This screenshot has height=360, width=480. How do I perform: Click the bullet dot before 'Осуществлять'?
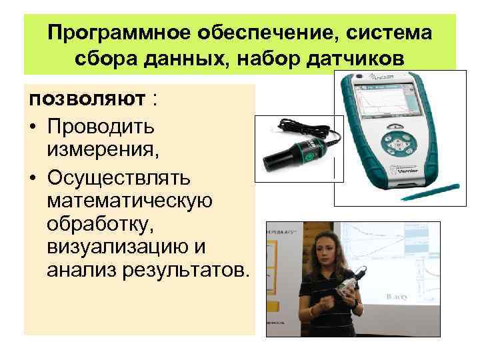[x=33, y=177]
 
